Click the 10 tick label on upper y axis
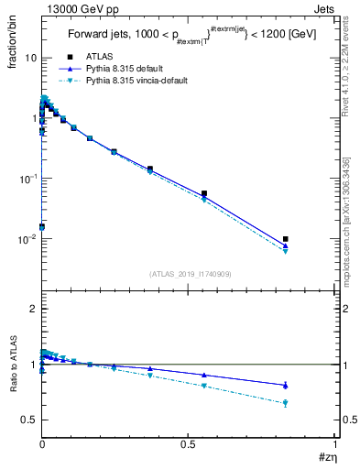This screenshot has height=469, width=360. pyautogui.click(x=30, y=58)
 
